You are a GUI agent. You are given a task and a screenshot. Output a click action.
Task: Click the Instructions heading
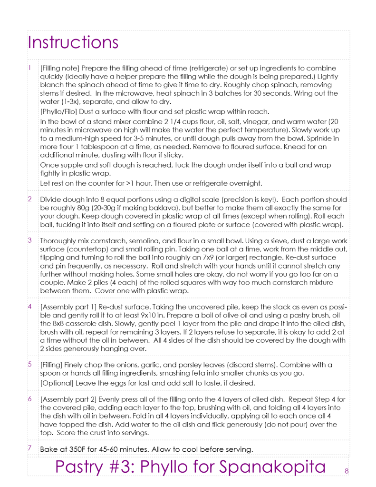coord(73,42)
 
